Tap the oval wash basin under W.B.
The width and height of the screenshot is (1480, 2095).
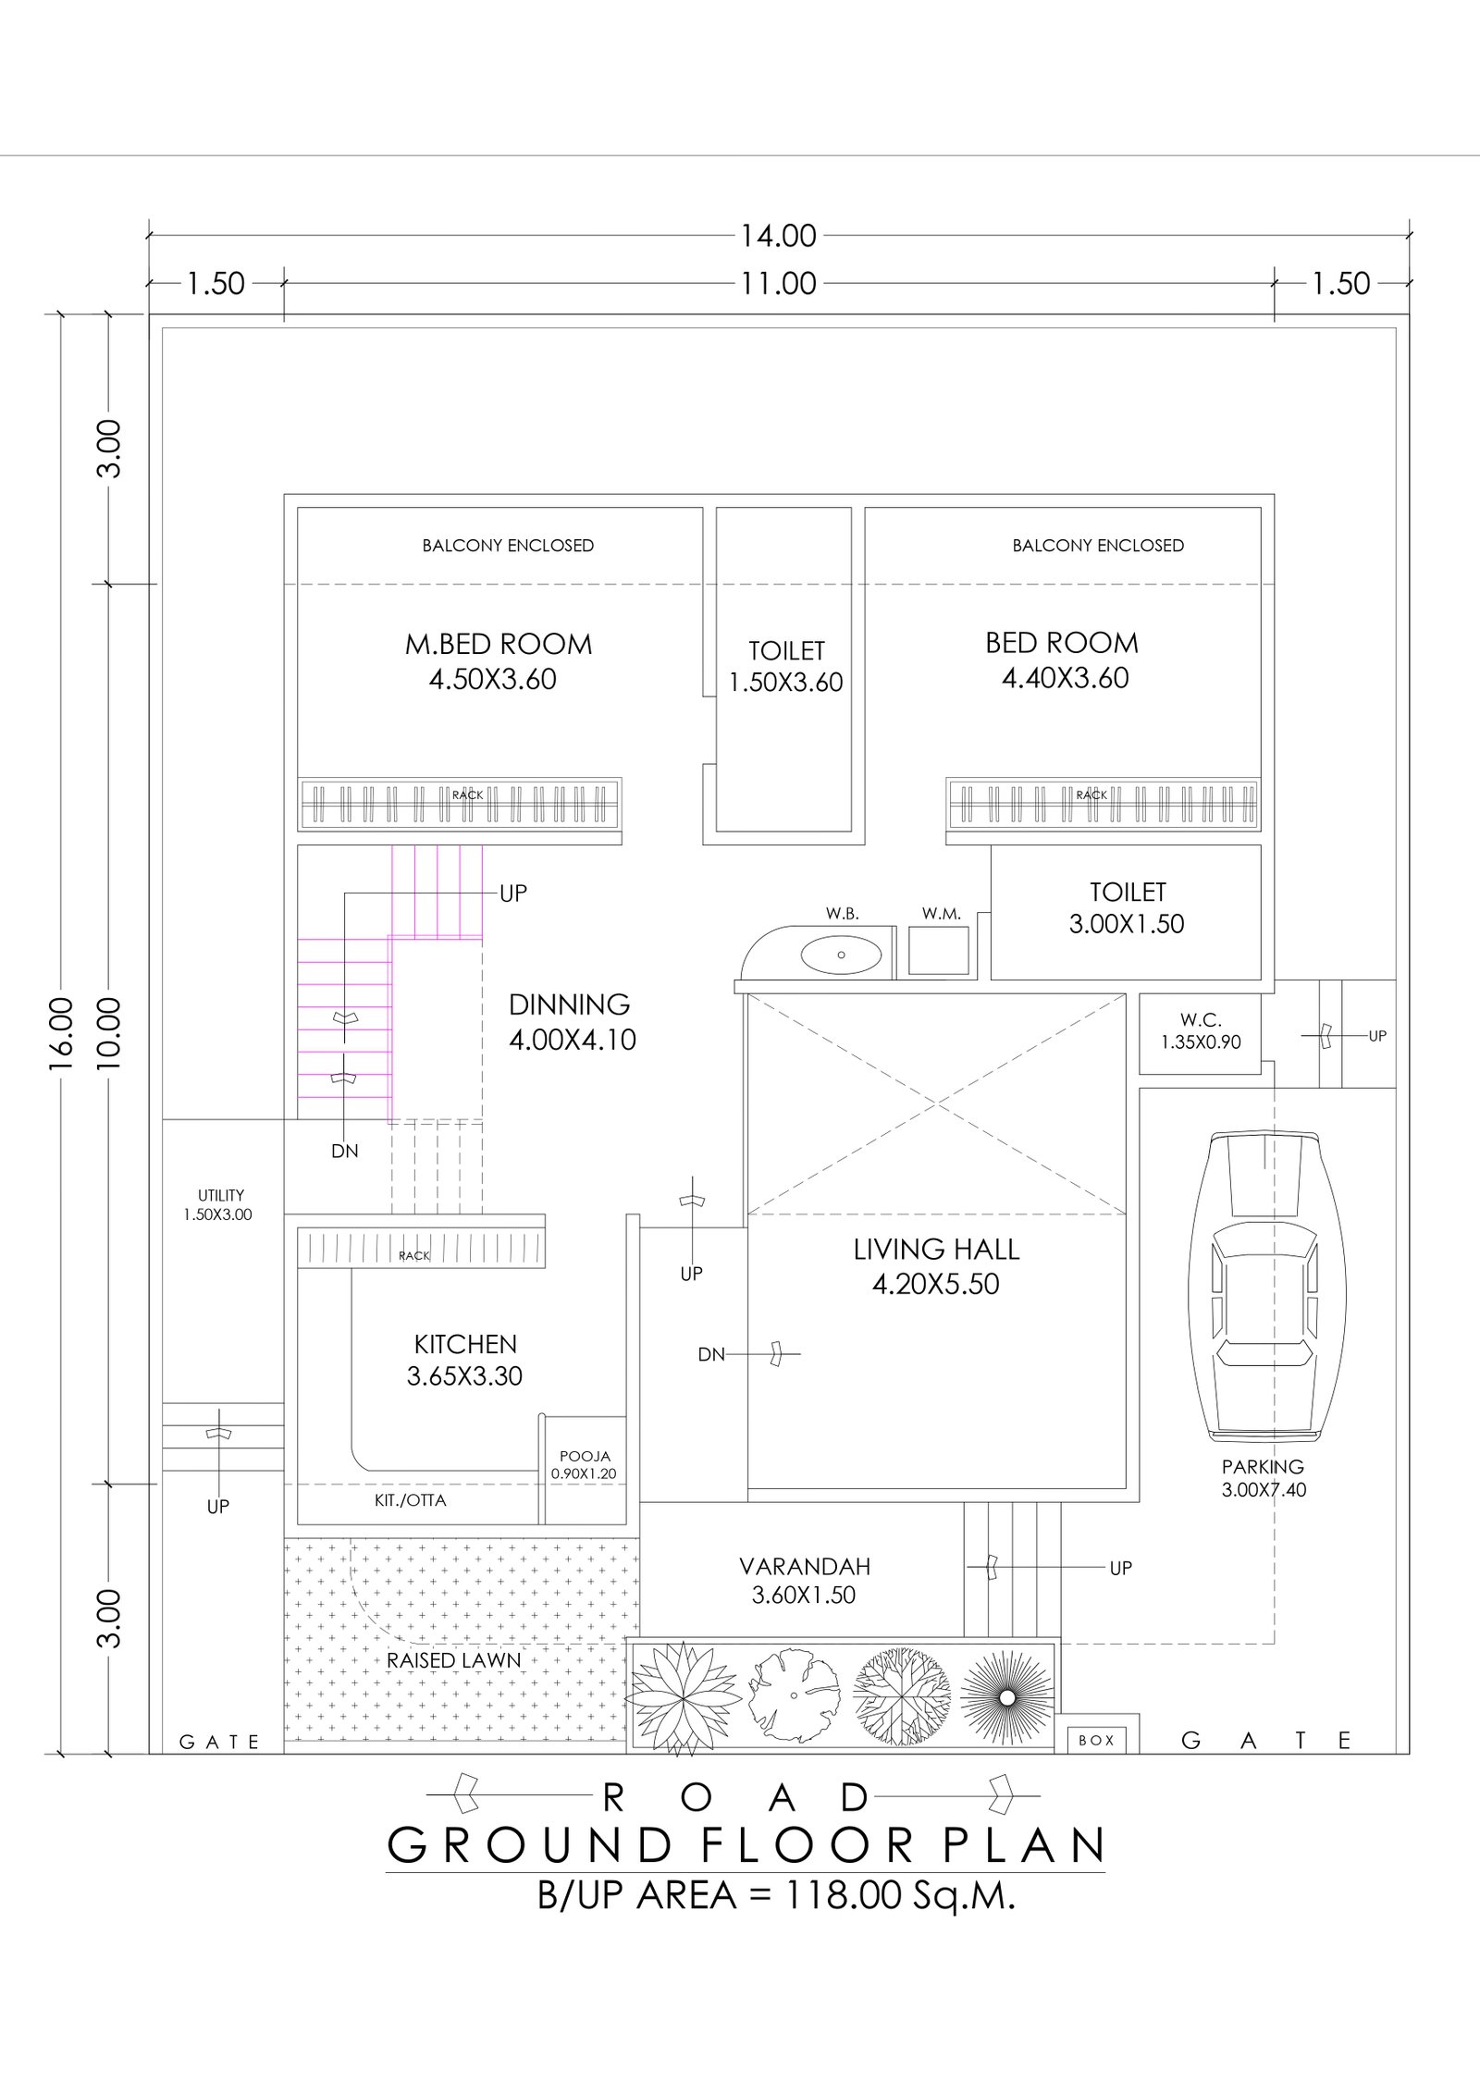click(x=841, y=954)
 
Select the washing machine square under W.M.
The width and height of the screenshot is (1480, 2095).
click(x=939, y=950)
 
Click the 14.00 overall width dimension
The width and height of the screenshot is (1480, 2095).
click(x=778, y=236)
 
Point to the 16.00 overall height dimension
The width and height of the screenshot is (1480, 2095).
click(x=61, y=1034)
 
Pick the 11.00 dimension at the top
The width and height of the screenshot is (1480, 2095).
click(x=778, y=283)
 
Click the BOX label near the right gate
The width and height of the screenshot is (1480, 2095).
click(x=1096, y=1740)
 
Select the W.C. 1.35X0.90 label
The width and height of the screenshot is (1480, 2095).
click(x=1201, y=1031)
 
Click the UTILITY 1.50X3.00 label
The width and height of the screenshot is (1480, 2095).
click(x=220, y=1205)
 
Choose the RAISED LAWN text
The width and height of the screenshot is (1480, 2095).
click(x=453, y=1660)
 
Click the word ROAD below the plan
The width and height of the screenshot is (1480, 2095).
click(x=736, y=1797)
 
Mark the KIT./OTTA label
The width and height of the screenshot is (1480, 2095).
click(x=410, y=1500)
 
